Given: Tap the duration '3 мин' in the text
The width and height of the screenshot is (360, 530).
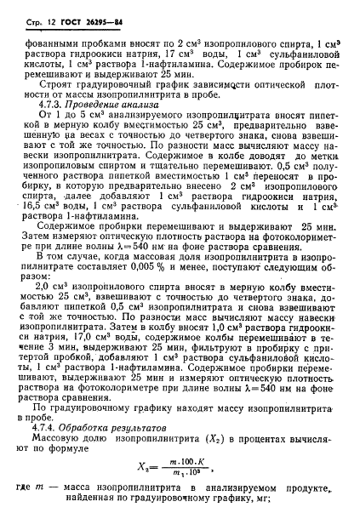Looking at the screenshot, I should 81,371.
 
